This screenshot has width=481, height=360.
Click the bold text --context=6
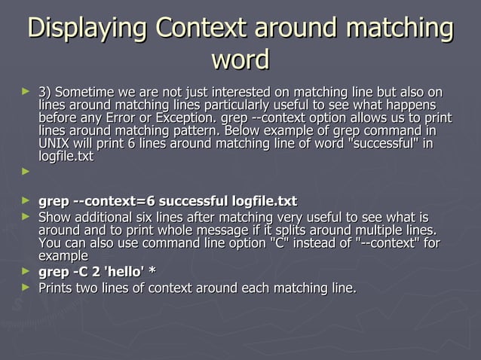point(113,201)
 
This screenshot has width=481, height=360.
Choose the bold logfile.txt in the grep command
point(264,201)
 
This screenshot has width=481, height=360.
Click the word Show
point(54,218)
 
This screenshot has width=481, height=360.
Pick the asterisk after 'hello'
point(153,271)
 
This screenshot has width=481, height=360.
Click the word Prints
point(57,287)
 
